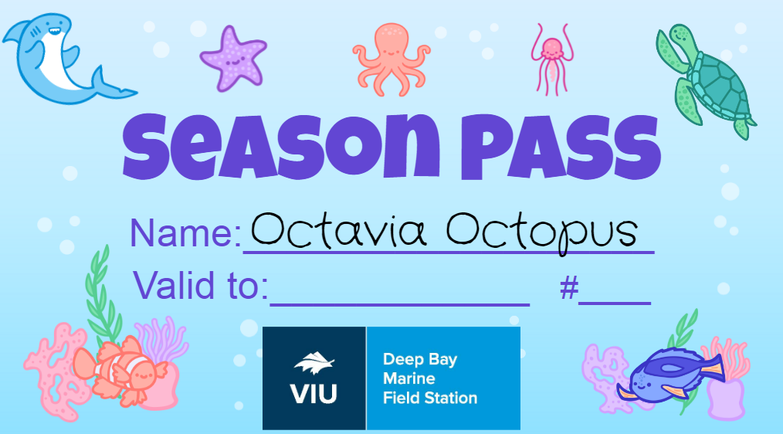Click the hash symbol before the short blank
569,288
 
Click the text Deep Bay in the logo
420,360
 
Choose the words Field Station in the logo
430,398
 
